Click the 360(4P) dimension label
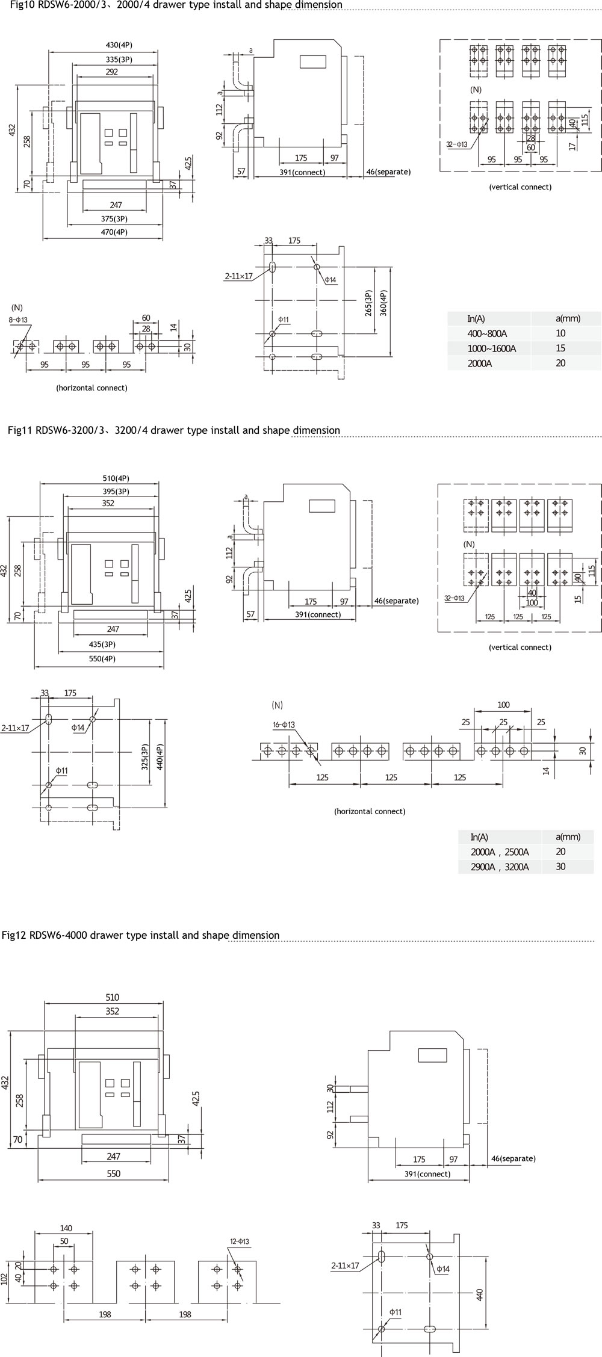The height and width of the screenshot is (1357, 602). [x=383, y=311]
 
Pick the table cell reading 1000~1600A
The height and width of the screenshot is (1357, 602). [x=491, y=348]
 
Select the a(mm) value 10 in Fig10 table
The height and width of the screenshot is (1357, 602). [x=560, y=333]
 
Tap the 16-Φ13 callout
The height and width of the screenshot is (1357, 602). [x=284, y=725]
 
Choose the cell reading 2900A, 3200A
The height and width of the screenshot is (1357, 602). [x=500, y=867]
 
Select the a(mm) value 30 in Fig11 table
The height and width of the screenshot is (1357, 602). [x=560, y=867]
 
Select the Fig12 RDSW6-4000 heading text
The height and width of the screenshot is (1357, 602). [x=140, y=935]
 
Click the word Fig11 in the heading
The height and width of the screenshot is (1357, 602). [x=20, y=430]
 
